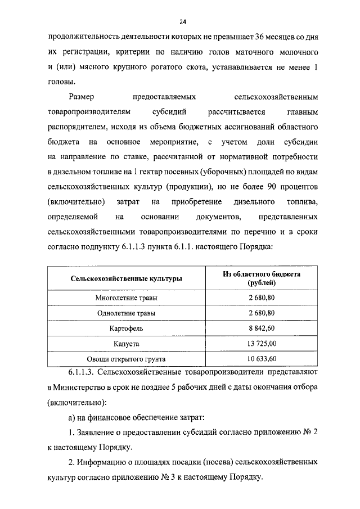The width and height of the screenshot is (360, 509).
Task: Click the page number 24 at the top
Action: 182,22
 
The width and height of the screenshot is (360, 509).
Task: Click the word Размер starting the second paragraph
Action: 82,97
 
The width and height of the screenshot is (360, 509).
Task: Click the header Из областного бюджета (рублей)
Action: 261,278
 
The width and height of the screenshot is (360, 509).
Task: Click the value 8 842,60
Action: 261,327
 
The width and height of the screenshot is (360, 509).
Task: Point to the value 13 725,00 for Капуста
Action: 261,343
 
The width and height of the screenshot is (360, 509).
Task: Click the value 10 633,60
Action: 261,358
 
